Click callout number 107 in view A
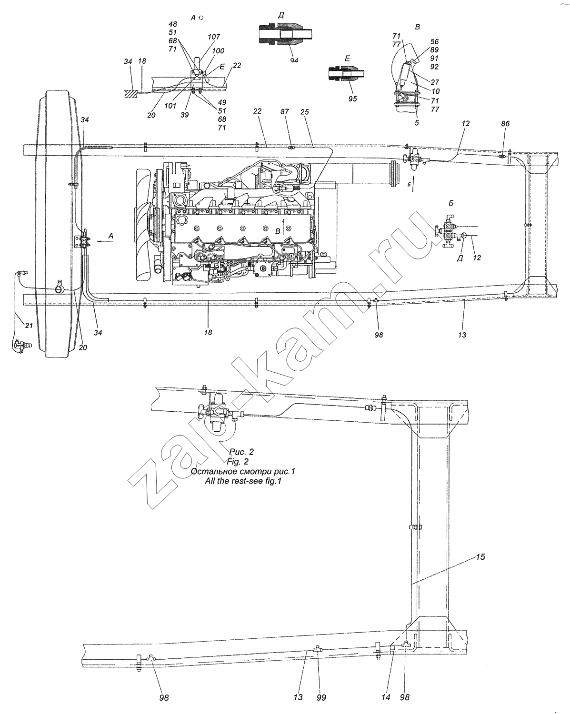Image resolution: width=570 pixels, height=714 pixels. [x=214, y=37]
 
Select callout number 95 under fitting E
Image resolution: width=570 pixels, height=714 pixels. [x=352, y=99]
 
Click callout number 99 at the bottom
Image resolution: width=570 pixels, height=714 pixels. [x=321, y=697]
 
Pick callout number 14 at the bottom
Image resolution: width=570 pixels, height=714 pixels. [x=385, y=697]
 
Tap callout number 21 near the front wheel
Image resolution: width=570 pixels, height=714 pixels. [x=29, y=326]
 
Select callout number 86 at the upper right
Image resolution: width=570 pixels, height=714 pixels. [x=505, y=123]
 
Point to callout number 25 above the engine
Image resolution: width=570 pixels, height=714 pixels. [x=304, y=112]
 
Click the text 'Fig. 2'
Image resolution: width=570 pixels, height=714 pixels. [x=238, y=461]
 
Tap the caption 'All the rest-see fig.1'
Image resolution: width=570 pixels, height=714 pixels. [x=243, y=481]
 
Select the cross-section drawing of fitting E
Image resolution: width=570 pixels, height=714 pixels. [x=346, y=73]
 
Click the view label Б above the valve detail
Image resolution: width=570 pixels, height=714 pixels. [x=451, y=203]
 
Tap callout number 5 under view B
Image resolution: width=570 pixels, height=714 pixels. [x=417, y=122]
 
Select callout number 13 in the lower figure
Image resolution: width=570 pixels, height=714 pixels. [x=298, y=697]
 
